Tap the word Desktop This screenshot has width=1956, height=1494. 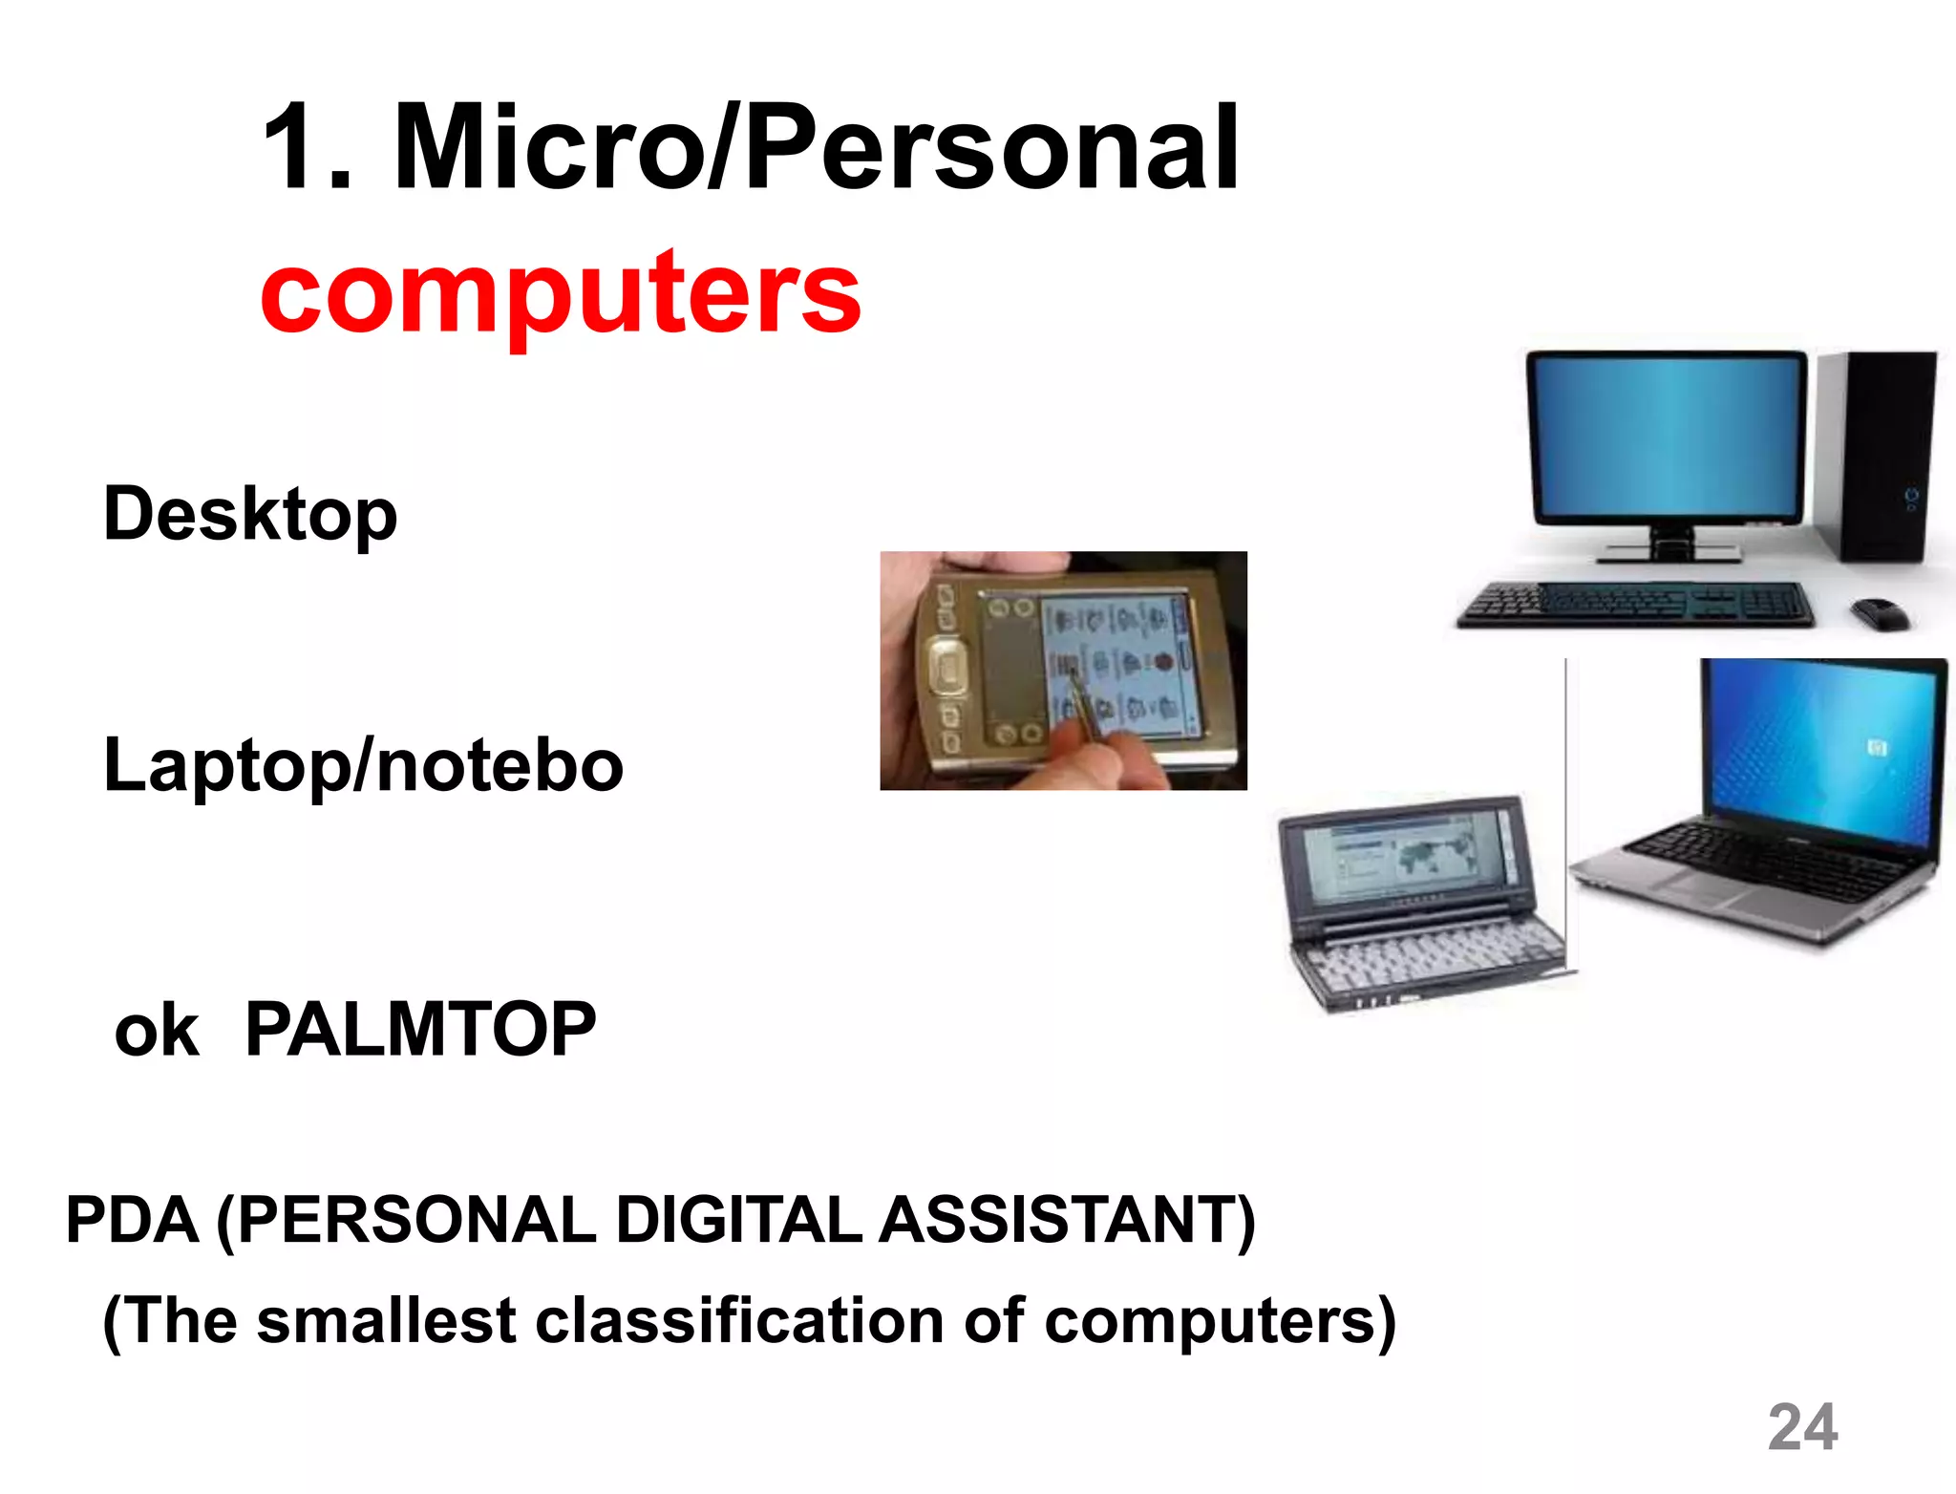coord(250,515)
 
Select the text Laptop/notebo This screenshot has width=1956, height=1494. coord(363,766)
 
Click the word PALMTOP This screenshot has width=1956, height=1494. coord(420,1030)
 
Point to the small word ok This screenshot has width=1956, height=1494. coord(157,1033)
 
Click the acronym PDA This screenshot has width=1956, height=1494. coord(132,1220)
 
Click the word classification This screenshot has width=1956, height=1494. coord(741,1321)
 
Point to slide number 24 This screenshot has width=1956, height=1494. coord(1802,1427)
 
